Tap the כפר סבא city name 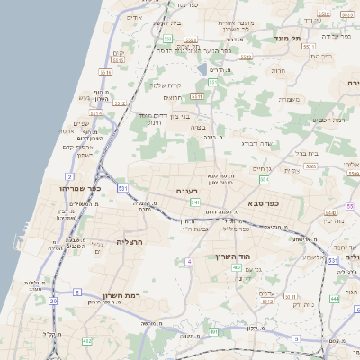(262, 203)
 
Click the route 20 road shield (53, 300)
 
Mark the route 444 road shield (334, 298)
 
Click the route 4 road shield (189, 262)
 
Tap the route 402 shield (236, 267)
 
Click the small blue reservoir (202, 68)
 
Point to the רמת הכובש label (330, 119)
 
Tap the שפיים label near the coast (82, 123)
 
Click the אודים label (135, 17)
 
